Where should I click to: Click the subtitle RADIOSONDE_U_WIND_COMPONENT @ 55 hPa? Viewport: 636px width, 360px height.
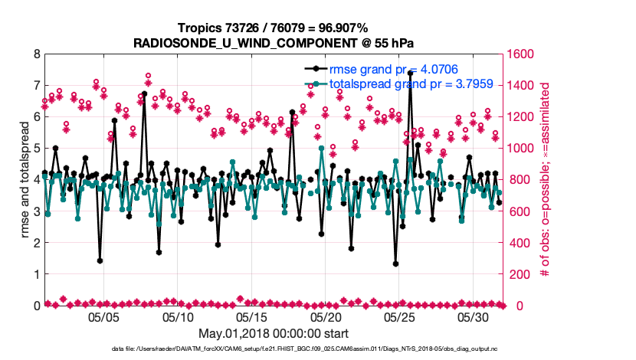coord(274,43)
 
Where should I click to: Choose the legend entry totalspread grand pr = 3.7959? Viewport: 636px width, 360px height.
coord(406,84)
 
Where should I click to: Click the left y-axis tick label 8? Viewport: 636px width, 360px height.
coord(36,54)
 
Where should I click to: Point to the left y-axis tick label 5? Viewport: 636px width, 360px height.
coord(36,149)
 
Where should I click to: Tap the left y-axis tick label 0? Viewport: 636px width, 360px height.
coord(36,306)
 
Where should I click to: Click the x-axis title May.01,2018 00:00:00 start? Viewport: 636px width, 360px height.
coord(274,333)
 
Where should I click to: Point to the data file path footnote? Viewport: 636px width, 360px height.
coord(274,349)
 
